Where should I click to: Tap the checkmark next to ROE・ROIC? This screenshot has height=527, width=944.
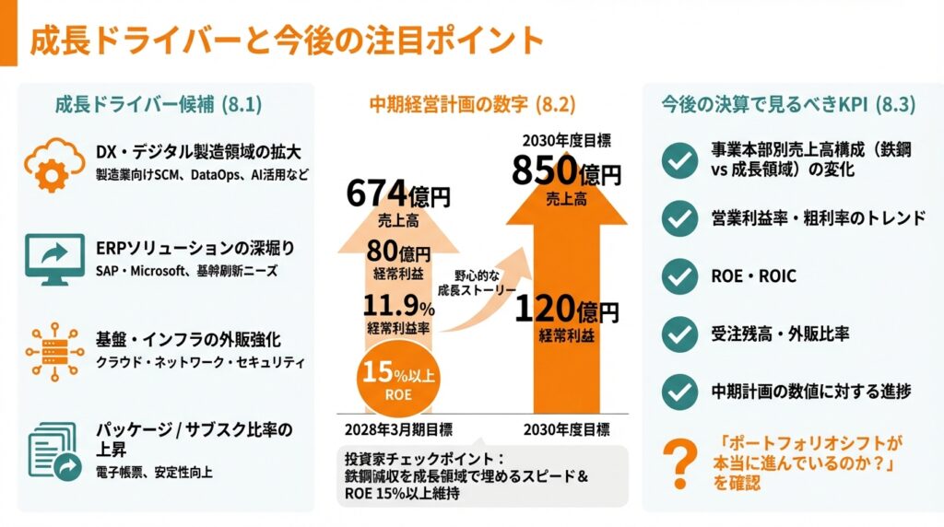tap(680, 276)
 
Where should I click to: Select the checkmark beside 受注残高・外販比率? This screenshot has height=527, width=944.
tap(680, 334)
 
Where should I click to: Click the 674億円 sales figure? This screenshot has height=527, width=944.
tap(398, 194)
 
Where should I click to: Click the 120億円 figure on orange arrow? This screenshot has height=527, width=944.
tap(566, 310)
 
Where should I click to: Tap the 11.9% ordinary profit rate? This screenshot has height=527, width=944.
tap(399, 307)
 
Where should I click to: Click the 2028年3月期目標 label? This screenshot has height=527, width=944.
tap(398, 430)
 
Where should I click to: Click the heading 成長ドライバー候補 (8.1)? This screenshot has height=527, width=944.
tap(159, 104)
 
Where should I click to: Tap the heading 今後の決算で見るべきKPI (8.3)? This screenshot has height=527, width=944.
tap(788, 104)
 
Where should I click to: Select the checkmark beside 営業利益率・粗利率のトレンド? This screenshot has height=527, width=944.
tap(680, 218)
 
